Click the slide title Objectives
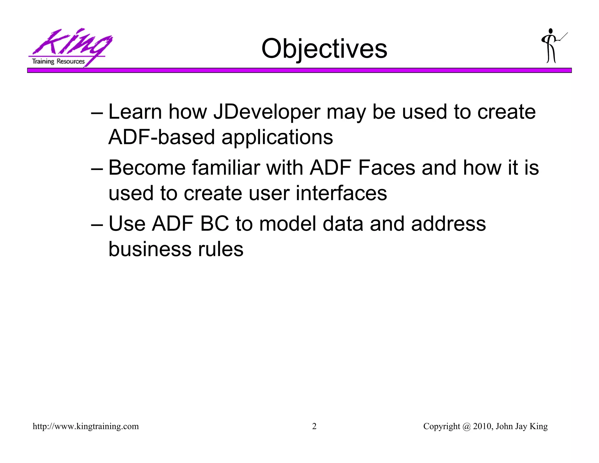pos(324,49)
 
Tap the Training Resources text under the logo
pos(58,61)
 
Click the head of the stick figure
pos(551,31)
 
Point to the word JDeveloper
pos(267,112)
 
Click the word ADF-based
pos(161,137)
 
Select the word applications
pos(277,137)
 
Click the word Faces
pos(386,168)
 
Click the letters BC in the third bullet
pos(214,224)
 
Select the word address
pos(448,224)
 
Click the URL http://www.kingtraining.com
pos(86,426)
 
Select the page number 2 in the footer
pos(314,426)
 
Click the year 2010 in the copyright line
pos(482,426)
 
